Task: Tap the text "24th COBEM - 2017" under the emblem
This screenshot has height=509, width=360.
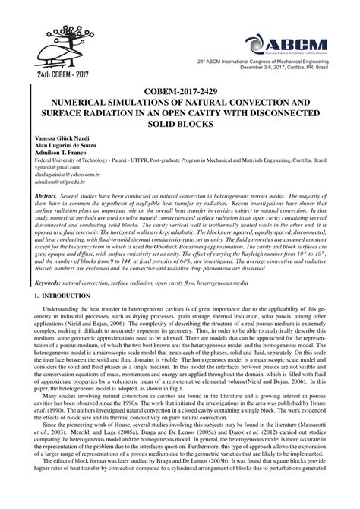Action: (45, 75)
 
